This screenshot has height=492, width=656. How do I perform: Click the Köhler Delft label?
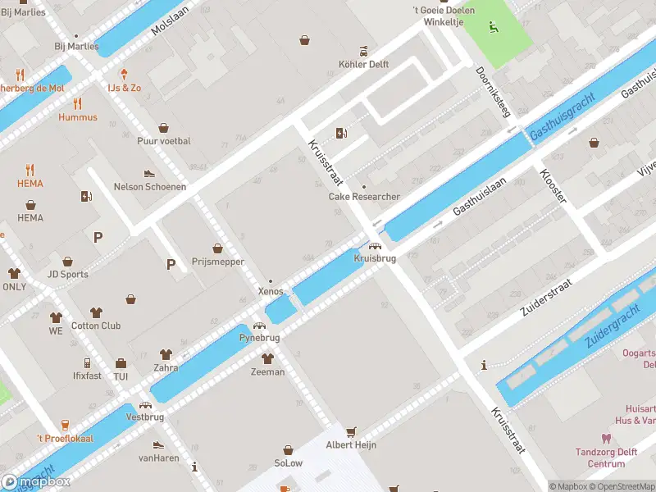[363, 64]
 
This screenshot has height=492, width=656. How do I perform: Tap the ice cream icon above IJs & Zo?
[125, 73]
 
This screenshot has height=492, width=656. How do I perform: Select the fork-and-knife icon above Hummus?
[78, 103]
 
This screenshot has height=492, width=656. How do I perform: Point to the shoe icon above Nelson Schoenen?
[149, 173]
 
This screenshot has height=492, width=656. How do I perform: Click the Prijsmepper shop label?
[217, 262]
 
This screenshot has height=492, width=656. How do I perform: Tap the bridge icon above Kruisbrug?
[374, 245]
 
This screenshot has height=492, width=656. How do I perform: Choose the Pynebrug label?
[259, 337]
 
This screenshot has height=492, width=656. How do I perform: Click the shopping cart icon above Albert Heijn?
[352, 431]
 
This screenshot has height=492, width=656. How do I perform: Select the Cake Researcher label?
[364, 197]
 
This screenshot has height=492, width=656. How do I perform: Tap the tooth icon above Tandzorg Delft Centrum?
[606, 439]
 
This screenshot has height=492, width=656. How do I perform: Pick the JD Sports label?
[68, 274]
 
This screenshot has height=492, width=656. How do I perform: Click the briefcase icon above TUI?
[121, 363]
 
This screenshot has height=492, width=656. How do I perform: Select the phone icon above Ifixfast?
[87, 362]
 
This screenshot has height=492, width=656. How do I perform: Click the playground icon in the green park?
[493, 28]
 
